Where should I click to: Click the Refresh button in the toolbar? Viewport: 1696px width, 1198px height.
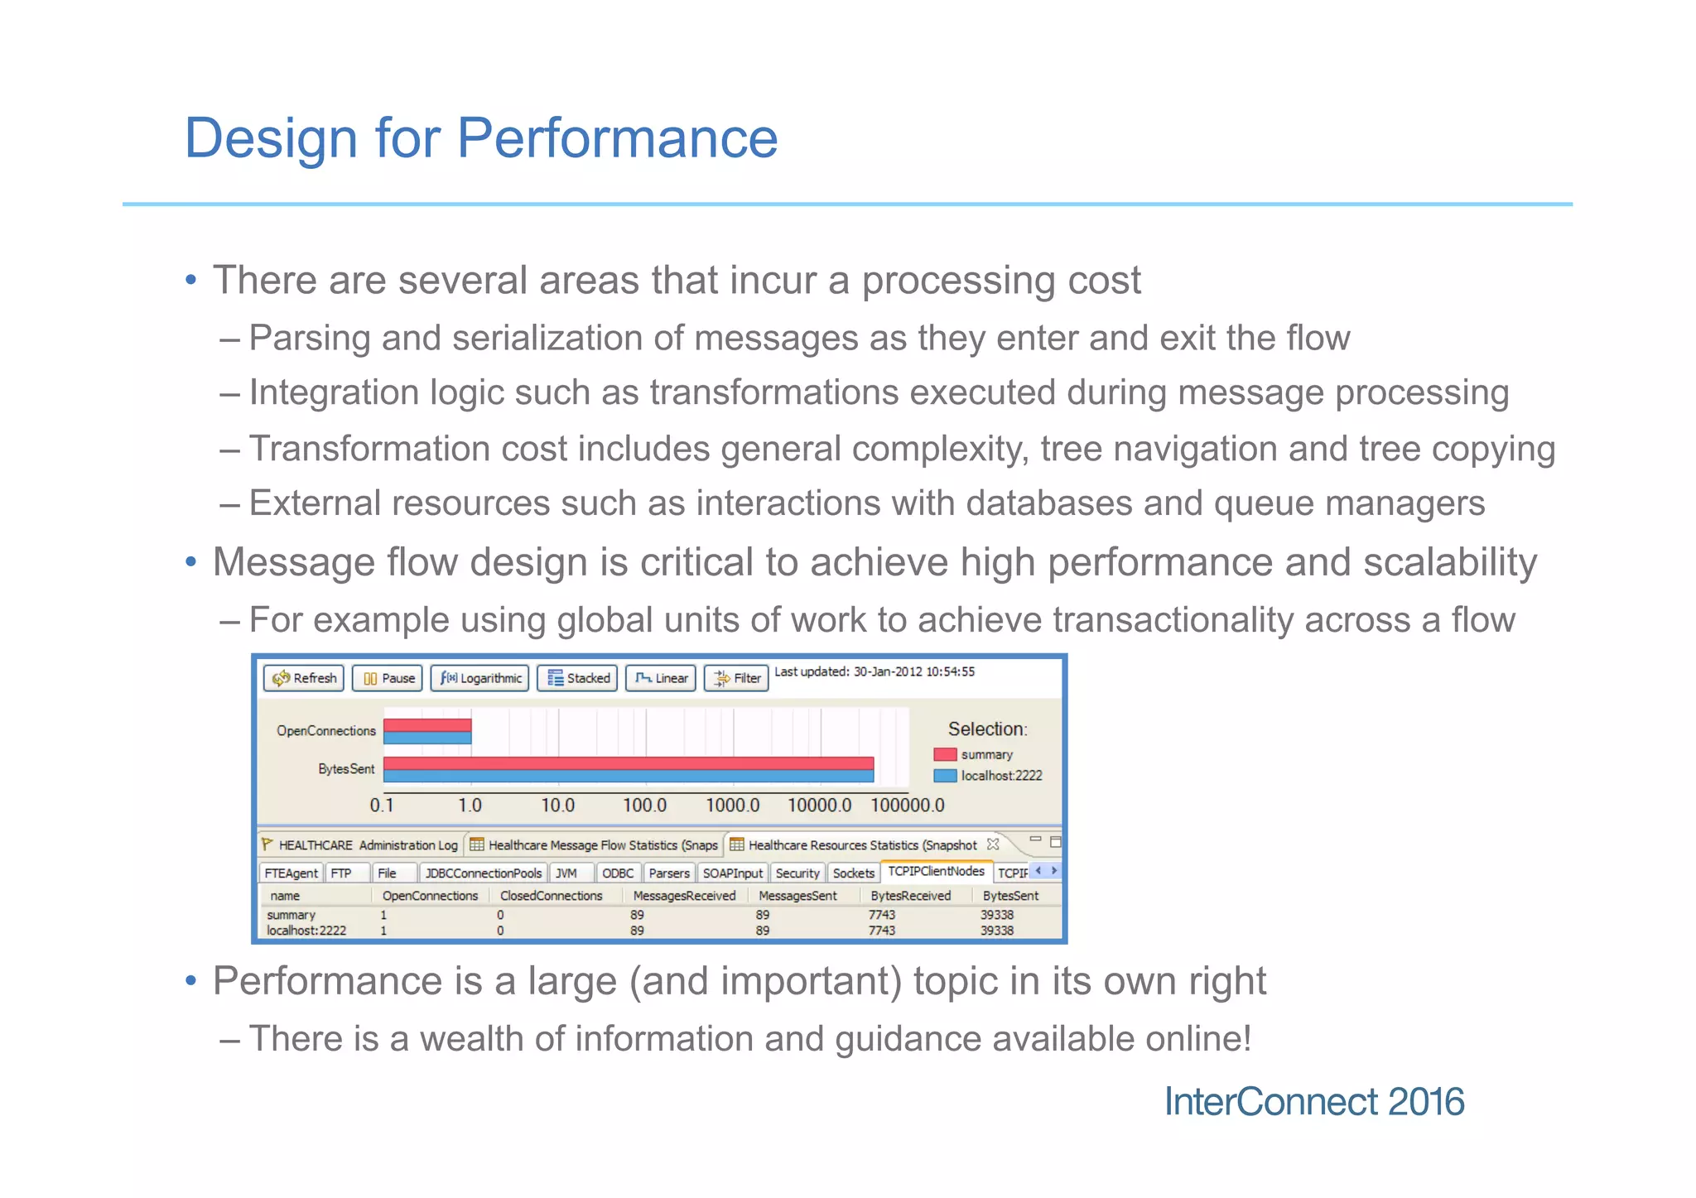[x=304, y=678]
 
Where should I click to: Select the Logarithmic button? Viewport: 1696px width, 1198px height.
[x=480, y=678]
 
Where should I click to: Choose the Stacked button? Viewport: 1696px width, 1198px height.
[x=578, y=678]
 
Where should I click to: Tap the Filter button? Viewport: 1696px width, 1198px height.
[x=737, y=678]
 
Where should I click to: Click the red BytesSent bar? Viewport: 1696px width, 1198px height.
[x=628, y=763]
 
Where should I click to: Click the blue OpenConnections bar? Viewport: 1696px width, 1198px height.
[x=427, y=738]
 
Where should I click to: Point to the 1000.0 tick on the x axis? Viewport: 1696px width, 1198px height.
[x=732, y=805]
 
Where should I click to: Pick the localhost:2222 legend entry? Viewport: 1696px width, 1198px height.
[x=1000, y=776]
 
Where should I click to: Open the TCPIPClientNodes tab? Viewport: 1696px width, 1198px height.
[x=936, y=871]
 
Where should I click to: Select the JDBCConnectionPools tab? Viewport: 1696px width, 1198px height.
[x=483, y=873]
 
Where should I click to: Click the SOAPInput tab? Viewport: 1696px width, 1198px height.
[x=732, y=873]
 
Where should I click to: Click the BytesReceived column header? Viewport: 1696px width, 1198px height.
[x=910, y=896]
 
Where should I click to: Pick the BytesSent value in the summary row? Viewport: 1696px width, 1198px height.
[x=996, y=915]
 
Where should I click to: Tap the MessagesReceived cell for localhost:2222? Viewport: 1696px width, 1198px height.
[x=637, y=931]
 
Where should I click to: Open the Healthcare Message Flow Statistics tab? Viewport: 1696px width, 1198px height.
[x=595, y=845]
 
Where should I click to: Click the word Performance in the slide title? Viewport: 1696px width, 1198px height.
[x=617, y=137]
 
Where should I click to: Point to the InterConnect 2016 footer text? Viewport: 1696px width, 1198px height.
[x=1313, y=1102]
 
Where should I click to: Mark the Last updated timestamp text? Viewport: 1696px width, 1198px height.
[x=874, y=671]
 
